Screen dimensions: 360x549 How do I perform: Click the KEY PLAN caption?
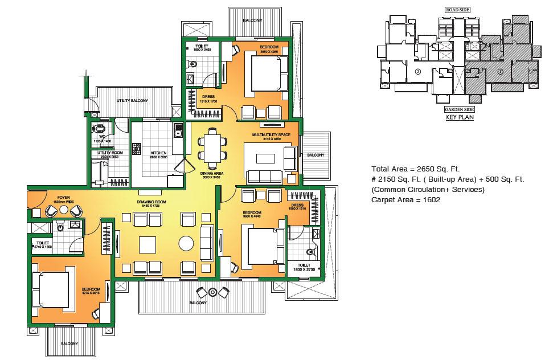[458, 118]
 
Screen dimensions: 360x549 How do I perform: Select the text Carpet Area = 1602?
[407, 200]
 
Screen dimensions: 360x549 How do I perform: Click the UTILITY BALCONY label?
[132, 101]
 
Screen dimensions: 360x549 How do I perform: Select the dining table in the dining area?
[212, 147]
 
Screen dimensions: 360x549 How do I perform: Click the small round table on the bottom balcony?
[212, 292]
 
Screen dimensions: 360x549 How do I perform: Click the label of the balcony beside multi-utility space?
[316, 155]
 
